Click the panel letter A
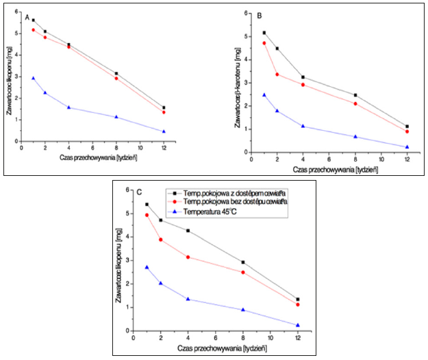(x=27, y=16)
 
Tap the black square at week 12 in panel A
(x=164, y=107)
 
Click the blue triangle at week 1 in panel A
(x=33, y=78)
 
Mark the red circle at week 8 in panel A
(x=116, y=79)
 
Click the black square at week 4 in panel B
(x=303, y=77)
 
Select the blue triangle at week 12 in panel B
(x=407, y=146)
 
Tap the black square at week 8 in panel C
(x=243, y=262)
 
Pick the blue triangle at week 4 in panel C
(x=188, y=299)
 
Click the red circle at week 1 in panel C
(x=147, y=215)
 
